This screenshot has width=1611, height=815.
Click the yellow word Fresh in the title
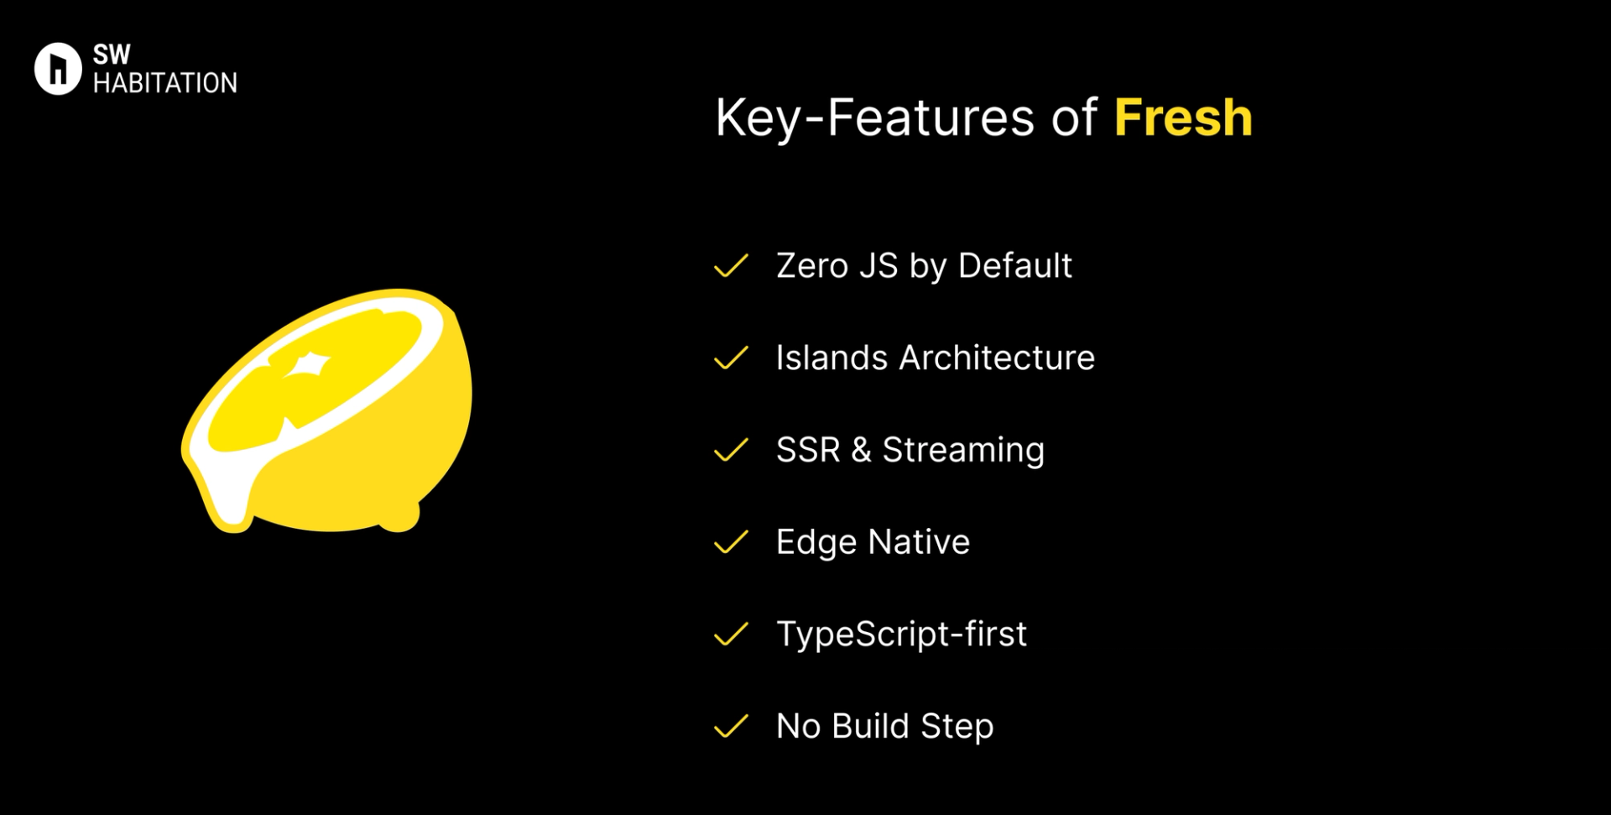1182,118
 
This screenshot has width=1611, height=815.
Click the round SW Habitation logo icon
58,69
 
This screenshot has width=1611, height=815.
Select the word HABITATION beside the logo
165,83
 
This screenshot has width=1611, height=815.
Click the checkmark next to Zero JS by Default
730,265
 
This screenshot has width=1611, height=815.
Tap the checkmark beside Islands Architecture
730,358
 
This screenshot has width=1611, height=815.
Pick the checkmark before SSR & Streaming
730,450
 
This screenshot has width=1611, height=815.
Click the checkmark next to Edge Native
730,542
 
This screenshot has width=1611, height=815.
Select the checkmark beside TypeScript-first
730,634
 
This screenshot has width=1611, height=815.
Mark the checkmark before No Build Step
730,726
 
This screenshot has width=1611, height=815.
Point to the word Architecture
997,358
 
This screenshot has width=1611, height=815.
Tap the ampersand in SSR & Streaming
861,451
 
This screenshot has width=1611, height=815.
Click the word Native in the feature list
920,542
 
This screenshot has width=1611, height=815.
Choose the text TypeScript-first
901,635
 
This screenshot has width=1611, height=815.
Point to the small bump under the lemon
401,518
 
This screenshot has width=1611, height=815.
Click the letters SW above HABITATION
112,55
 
